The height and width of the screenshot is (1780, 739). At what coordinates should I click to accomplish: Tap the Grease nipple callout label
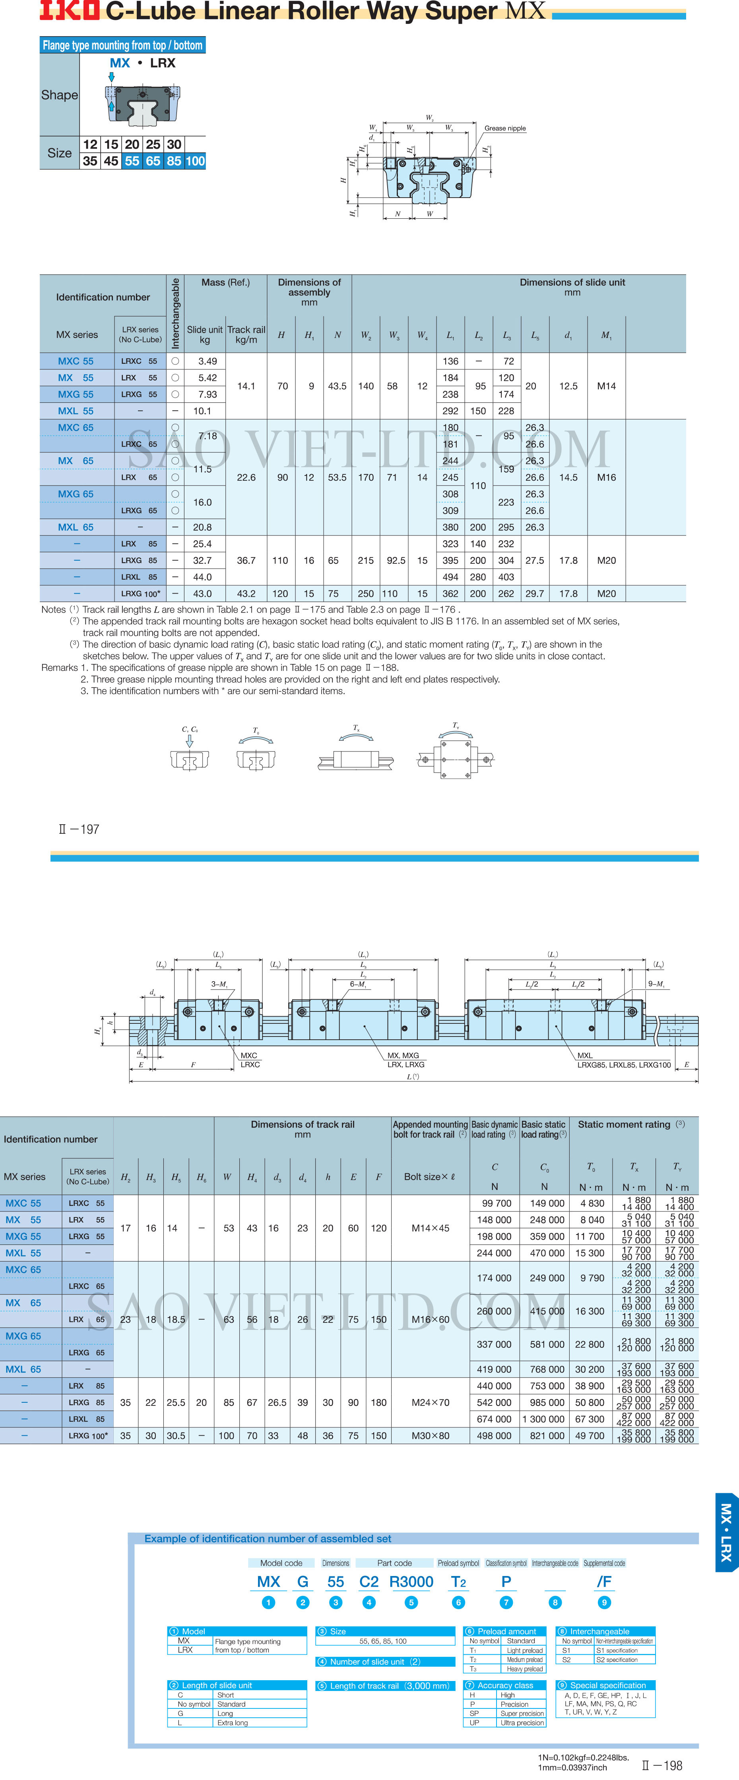(x=505, y=128)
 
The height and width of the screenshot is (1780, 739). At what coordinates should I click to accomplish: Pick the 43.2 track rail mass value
(x=246, y=594)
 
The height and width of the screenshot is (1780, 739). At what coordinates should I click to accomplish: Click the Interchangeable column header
(x=175, y=313)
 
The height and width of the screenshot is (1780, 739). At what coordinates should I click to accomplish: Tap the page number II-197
(x=80, y=829)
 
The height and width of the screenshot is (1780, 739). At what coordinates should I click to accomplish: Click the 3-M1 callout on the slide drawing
(x=219, y=984)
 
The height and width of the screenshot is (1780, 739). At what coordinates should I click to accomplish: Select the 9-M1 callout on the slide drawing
(x=656, y=984)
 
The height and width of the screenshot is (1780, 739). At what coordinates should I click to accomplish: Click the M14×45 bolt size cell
(x=430, y=1228)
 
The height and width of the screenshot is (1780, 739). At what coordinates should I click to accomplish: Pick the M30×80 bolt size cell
(x=430, y=1436)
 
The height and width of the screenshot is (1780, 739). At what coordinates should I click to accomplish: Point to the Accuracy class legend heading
(x=505, y=1685)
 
